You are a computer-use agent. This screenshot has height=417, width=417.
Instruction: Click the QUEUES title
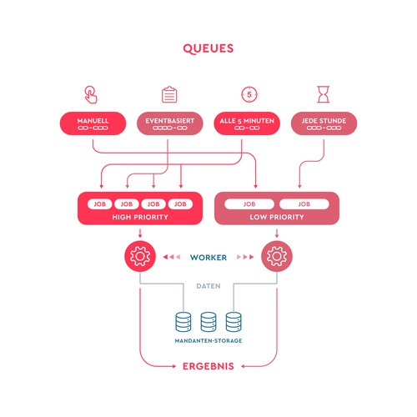pos(208,48)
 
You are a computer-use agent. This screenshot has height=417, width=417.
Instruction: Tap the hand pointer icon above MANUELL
pos(91,93)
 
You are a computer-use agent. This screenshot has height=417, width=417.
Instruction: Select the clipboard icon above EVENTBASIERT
pos(169,93)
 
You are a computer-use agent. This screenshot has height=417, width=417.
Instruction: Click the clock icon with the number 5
pos(247,93)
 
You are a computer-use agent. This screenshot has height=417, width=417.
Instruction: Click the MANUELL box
pos(91,123)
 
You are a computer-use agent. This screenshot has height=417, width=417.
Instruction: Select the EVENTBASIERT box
pos(169,123)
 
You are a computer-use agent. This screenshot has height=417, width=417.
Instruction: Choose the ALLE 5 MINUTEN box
pos(247,123)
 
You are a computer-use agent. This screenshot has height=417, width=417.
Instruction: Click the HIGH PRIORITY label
pos(140,217)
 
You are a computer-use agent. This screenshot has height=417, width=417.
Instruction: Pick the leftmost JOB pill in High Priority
pos(99,203)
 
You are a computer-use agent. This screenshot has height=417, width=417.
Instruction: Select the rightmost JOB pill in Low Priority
pos(305,203)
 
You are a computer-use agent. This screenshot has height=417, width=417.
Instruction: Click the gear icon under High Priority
pos(139,256)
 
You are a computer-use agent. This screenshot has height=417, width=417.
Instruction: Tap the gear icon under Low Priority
pos(277,256)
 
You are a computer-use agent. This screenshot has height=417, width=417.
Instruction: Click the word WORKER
pos(208,257)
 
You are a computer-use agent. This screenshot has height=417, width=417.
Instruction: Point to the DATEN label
pos(208,286)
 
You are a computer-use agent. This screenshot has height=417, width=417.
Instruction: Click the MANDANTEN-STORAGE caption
pos(208,341)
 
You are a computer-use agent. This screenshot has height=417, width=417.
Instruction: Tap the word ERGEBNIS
pos(208,365)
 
